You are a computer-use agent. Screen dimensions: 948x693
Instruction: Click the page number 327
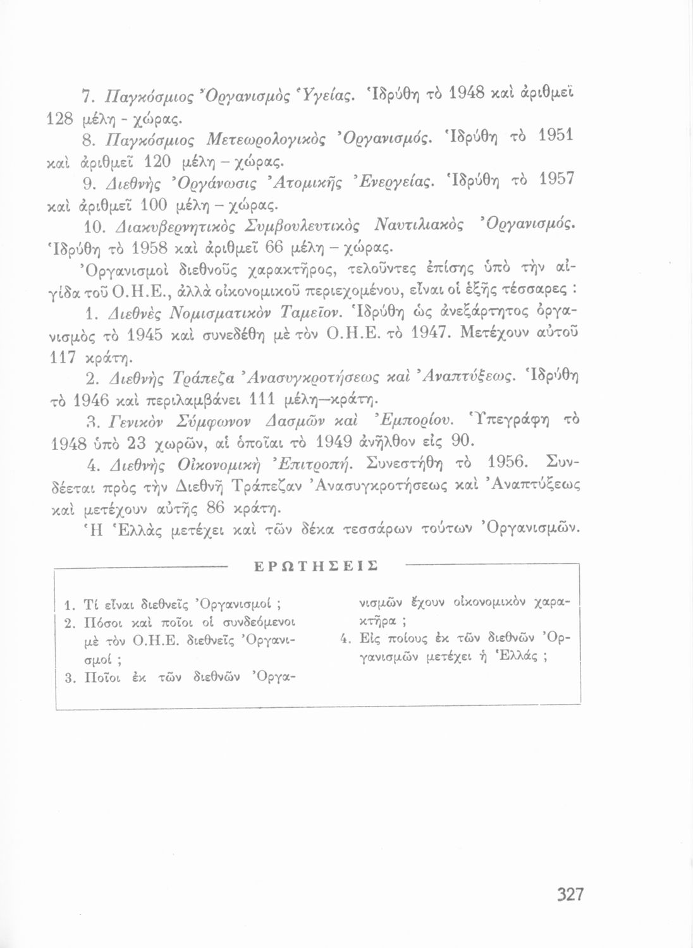(x=570, y=894)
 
